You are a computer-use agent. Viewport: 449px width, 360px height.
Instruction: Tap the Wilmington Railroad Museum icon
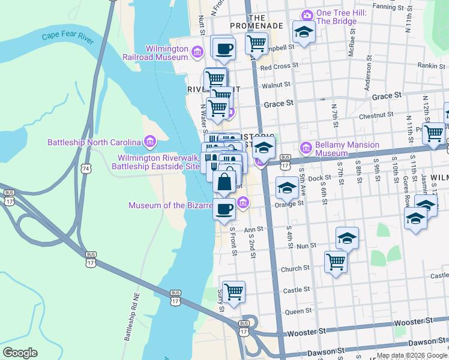click(196, 53)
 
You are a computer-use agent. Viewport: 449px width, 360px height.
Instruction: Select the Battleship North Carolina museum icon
click(149, 142)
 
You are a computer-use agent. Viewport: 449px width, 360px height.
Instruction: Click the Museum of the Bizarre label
click(170, 205)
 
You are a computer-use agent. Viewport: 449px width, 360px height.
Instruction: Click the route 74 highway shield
click(87, 170)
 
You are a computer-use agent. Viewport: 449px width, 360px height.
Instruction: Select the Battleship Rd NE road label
click(133, 318)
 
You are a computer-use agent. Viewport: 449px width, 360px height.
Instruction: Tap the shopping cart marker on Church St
click(336, 261)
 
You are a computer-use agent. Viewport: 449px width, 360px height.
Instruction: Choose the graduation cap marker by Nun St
click(347, 238)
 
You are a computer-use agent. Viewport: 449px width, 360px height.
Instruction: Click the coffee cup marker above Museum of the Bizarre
click(224, 209)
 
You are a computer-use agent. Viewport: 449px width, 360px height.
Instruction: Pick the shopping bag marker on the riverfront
click(224, 182)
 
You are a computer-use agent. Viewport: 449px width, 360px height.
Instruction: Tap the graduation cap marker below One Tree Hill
click(304, 32)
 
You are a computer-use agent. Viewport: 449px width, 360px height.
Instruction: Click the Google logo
click(20, 353)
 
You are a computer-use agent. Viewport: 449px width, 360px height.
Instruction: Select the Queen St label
click(297, 311)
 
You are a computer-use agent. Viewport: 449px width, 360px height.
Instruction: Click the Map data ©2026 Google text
click(412, 355)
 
